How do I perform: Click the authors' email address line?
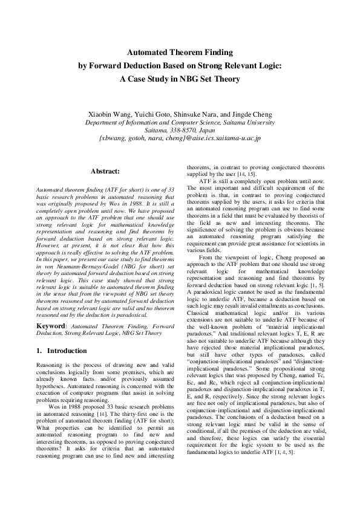[x=180, y=138]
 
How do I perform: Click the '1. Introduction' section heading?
[x=62, y=351]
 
